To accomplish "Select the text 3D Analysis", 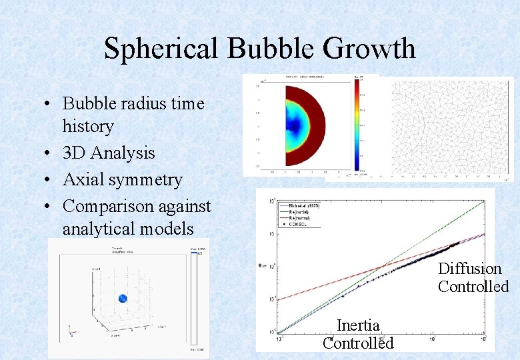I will (x=108, y=153).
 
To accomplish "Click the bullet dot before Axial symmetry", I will (x=50, y=181).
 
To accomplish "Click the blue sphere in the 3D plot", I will (x=123, y=299).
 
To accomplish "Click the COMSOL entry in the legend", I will (x=303, y=224).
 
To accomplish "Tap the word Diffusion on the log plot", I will (x=469, y=269).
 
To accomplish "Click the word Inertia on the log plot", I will (x=358, y=325).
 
